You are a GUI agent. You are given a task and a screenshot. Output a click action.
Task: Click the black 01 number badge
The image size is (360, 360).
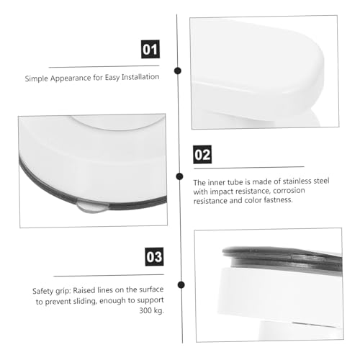point(150,49)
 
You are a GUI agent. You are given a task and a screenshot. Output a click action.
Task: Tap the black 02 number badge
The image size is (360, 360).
point(202,154)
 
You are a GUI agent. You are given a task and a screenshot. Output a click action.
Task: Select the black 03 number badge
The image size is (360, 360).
point(154,256)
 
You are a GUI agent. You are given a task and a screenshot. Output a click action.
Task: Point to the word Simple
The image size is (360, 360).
point(37,79)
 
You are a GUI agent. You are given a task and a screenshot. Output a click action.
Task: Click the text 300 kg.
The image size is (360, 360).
point(151,310)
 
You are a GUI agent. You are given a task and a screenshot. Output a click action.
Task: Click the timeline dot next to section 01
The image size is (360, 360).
point(178,71)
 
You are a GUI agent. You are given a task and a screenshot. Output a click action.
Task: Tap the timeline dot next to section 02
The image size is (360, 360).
point(179,176)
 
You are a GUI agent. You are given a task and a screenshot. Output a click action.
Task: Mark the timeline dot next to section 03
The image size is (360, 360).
point(181,285)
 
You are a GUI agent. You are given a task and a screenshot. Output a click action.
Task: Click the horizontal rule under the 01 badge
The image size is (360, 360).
point(104,66)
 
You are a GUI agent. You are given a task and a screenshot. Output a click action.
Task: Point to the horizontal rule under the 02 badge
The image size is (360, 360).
point(249,168)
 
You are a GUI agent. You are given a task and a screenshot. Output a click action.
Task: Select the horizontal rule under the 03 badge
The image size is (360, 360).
point(109,275)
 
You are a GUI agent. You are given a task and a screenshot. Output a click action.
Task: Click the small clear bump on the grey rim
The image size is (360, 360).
point(92,207)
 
